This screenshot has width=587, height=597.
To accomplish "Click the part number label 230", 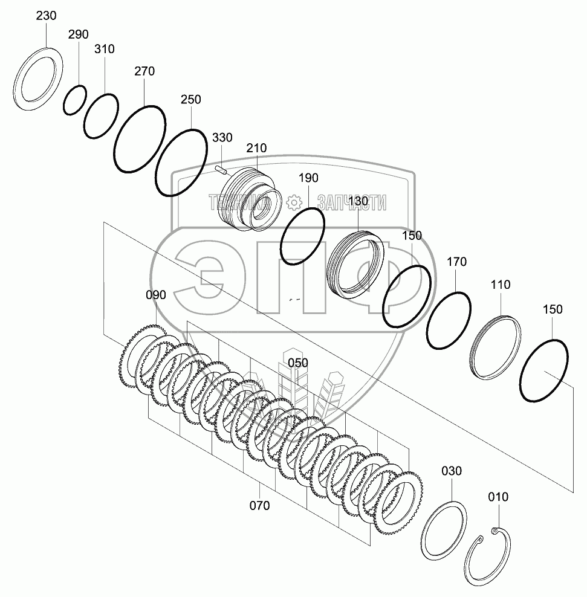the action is pyautogui.click(x=46, y=16).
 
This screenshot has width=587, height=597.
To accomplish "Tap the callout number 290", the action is pyautogui.click(x=79, y=34).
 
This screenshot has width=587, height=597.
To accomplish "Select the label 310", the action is pyautogui.click(x=105, y=49).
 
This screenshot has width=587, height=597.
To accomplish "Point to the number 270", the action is pyautogui.click(x=144, y=71).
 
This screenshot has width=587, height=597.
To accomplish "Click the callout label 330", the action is pyautogui.click(x=222, y=137).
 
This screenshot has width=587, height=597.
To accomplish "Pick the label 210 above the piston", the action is pyautogui.click(x=256, y=148).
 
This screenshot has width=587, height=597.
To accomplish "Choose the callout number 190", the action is pyautogui.click(x=308, y=178).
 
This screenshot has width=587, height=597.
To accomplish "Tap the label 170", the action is pyautogui.click(x=456, y=262).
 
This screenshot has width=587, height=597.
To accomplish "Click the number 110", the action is pyautogui.click(x=500, y=285).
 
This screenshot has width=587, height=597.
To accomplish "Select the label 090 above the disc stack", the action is pyautogui.click(x=156, y=295).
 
